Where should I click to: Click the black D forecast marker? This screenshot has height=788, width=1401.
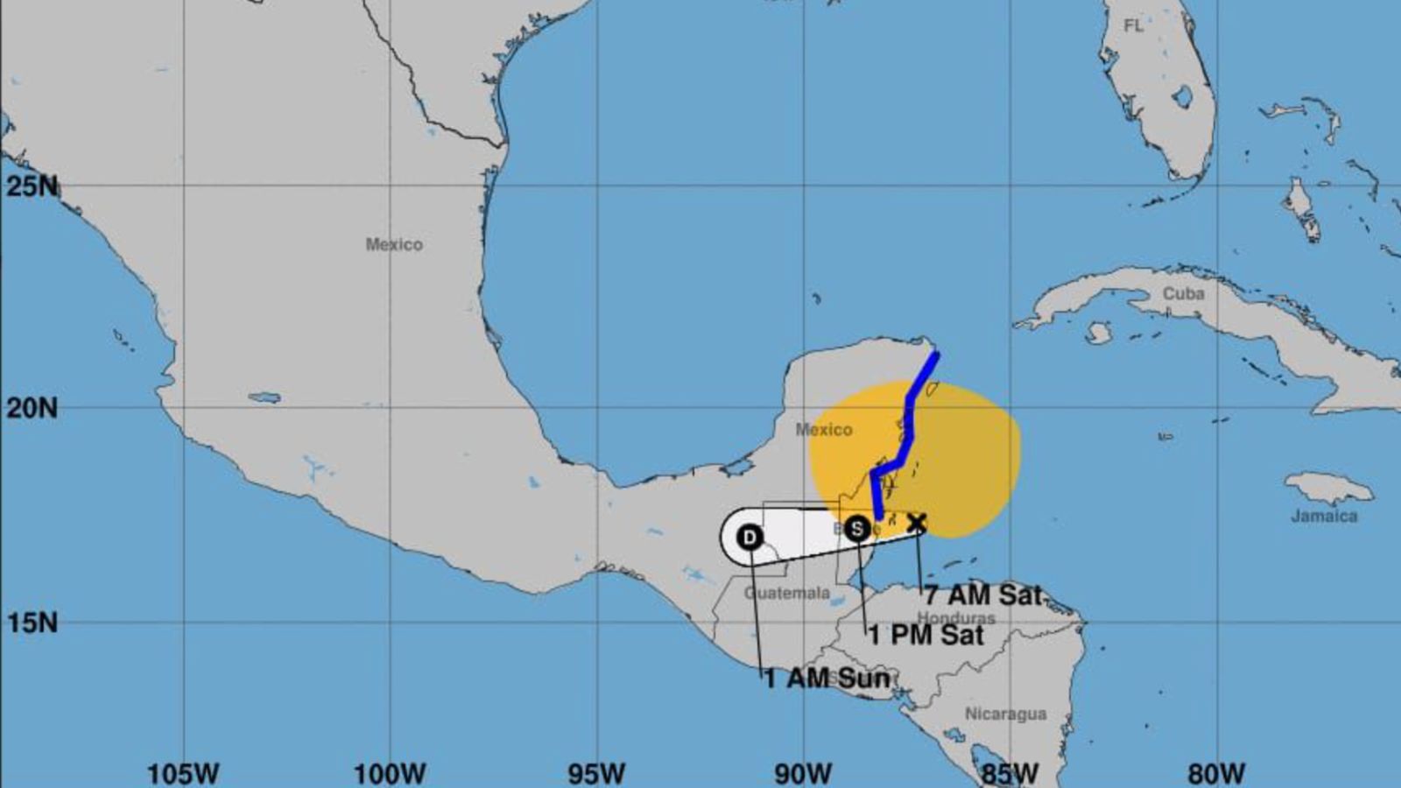pos(750,537)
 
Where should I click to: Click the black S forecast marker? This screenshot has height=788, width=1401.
pos(858,528)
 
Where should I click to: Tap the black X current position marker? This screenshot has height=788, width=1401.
pos(916,524)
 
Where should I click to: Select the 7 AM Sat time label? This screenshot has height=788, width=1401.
pos(983,595)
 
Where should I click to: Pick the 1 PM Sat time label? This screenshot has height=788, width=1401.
pos(926,635)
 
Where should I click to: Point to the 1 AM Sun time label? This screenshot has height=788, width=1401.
pos(827,678)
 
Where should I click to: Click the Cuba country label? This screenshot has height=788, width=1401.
pos(1183,293)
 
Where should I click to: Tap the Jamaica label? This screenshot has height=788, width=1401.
pos(1324,516)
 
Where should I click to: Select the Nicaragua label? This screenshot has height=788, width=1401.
pos(1005,714)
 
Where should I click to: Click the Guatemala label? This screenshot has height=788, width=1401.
pos(786,593)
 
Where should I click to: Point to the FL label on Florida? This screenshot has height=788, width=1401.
pos(1133,26)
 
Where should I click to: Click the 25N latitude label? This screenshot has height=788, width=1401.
pos(32,186)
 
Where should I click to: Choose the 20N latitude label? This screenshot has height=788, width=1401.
pos(32,407)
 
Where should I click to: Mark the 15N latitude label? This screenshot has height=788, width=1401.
pos(32,623)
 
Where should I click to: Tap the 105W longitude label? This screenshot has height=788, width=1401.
pos(183,774)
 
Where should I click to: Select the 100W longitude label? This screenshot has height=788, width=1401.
pos(390,774)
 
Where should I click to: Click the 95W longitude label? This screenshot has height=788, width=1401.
pos(597,774)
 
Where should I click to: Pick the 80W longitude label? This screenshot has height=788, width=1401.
pos(1216,774)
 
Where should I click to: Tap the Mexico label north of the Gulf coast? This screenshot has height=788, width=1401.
pos(394,244)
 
